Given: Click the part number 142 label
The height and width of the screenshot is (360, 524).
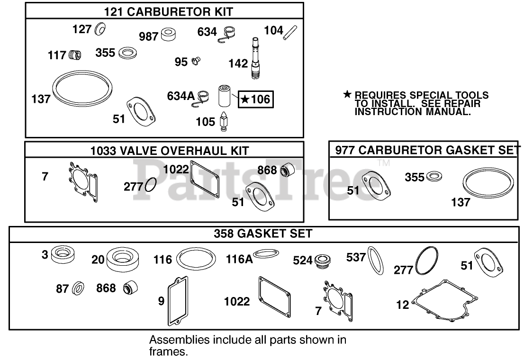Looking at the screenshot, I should coord(238,63).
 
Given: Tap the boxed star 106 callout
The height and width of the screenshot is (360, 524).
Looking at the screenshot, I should coord(255,99).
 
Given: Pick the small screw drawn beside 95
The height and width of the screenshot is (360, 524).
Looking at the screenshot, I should coord(196,61).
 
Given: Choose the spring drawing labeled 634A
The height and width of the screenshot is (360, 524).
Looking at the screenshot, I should coord(204,96).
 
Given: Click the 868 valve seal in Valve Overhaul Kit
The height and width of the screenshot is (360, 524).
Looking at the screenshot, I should coord(288,169).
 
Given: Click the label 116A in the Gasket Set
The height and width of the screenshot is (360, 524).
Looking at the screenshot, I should coord(239,259).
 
